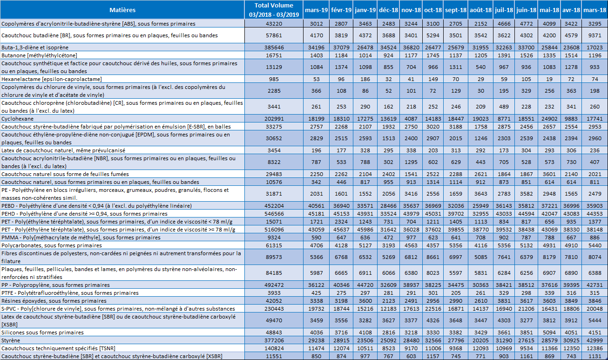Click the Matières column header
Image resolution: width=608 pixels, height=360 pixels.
click(122, 10)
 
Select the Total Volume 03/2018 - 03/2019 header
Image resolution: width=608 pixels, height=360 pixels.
click(274, 10)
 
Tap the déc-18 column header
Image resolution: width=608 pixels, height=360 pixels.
click(388, 10)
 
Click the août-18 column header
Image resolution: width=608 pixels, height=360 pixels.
click(480, 10)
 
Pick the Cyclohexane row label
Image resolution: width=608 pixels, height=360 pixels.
click(17, 119)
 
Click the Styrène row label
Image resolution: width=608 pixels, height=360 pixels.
click(11, 340)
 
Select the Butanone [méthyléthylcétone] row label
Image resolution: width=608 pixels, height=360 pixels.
click(39, 55)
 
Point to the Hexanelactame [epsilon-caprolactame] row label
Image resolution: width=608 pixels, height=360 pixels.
click(52, 79)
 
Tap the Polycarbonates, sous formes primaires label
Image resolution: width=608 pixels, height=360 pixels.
click(52, 245)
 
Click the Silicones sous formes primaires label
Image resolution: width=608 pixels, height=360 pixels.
click(42, 333)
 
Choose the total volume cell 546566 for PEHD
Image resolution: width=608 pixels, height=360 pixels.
click(274, 214)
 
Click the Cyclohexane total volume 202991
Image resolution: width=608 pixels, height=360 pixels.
click(274, 119)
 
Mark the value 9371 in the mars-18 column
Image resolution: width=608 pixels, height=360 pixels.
click(594, 35)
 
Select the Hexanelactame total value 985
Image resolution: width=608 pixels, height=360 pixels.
click(274, 79)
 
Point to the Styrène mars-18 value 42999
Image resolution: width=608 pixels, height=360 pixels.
click(594, 340)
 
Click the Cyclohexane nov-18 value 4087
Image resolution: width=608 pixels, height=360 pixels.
click(411, 119)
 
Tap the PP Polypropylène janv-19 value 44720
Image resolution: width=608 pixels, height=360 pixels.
click(365, 285)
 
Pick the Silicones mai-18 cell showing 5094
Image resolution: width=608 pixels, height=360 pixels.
click(549, 333)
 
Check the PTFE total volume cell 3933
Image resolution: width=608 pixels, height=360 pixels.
click(274, 293)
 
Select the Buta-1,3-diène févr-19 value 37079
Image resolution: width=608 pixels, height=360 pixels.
click(341, 48)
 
